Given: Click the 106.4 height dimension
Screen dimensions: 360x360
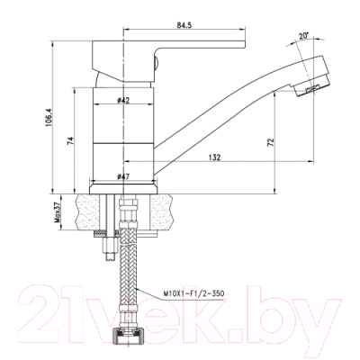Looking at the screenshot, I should click(59, 118).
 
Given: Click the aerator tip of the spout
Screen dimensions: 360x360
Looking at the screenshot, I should click(307, 88).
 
